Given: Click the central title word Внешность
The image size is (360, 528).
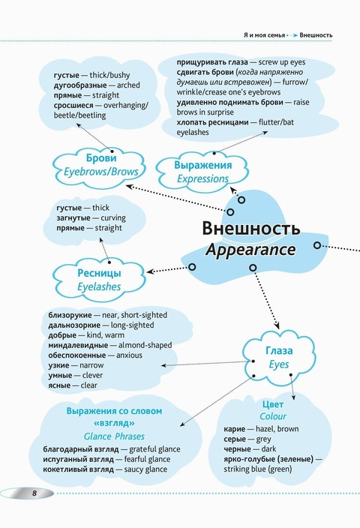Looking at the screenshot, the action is coord(251,228).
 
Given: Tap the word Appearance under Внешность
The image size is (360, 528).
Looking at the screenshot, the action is coord(250,250).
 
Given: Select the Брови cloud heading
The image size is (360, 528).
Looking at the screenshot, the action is coord(101,158).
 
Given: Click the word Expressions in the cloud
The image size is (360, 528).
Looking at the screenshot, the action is coord(202,178).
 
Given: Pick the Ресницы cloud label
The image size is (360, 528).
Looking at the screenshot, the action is coord(99,273).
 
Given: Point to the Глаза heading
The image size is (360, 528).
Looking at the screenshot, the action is coord(279,350).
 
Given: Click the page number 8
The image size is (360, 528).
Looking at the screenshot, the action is coord(34,493).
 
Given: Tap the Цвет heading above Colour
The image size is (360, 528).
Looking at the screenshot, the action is coord(273,404).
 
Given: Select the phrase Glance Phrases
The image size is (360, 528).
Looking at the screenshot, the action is coord(114,436).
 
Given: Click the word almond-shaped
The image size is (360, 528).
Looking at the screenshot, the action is coord(145,345).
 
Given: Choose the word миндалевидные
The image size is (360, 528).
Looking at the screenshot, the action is coord(78,345).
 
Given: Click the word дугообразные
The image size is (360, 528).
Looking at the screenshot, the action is coord(79,85).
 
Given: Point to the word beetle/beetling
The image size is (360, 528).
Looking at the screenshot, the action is coord(79,115).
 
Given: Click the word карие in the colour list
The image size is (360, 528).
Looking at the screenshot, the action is coord(235,429).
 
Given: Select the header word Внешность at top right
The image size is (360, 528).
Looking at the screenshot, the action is coord(316,35).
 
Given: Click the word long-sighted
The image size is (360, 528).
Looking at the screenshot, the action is coord(132,325).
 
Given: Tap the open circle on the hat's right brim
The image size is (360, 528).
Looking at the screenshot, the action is coord(317,245).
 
